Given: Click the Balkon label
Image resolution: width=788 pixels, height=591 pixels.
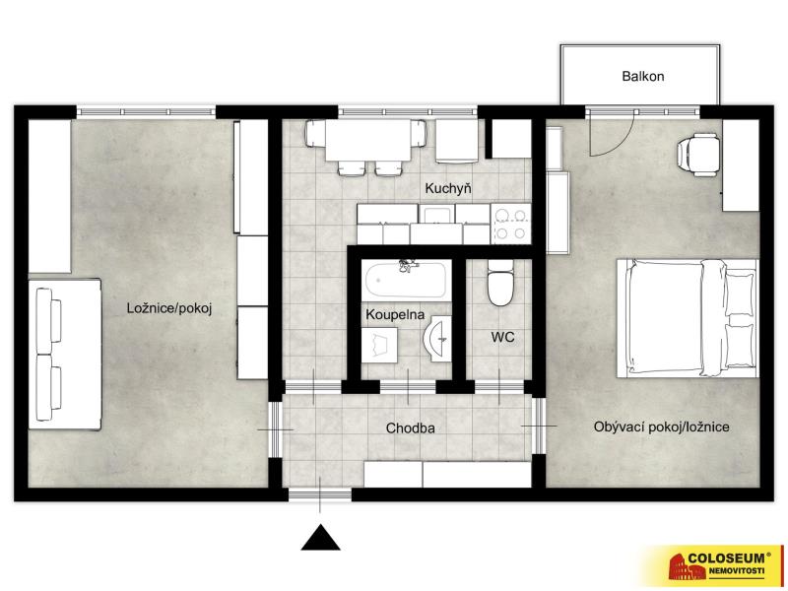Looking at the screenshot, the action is tap(643, 77).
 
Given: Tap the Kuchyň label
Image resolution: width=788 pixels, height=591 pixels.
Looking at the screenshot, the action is tap(448, 188).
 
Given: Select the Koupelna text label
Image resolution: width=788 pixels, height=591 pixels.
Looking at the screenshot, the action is tap(395, 315).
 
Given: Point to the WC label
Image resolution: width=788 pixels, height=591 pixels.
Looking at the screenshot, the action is tap(502, 337).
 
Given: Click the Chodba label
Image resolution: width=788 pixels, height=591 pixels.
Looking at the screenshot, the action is tap(410, 428).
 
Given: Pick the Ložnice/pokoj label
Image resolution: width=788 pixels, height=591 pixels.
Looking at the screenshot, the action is tap(169, 308).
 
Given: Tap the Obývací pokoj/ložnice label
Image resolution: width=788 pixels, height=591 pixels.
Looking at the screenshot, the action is tap(661, 427).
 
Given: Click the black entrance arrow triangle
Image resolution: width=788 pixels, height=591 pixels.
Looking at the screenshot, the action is tap(321, 537).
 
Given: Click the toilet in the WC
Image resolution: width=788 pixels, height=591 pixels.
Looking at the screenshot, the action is tap(500, 283).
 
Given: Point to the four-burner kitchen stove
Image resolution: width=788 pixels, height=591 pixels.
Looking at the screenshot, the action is tap(510, 224).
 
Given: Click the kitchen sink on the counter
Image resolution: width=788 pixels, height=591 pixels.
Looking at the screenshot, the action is tap(436, 214).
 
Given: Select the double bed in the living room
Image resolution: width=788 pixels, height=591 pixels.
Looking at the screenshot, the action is tap(687, 318).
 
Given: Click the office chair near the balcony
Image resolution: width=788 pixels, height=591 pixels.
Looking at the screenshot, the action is tap(696, 155).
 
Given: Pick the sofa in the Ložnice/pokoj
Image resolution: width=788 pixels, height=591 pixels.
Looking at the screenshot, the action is tap(65, 355).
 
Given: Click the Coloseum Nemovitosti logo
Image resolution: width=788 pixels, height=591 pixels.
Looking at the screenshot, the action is tap(717, 564).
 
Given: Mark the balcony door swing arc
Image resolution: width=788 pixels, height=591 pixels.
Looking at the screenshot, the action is tap(622, 143).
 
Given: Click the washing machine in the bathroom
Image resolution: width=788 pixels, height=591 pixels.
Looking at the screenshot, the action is tap(379, 345).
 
